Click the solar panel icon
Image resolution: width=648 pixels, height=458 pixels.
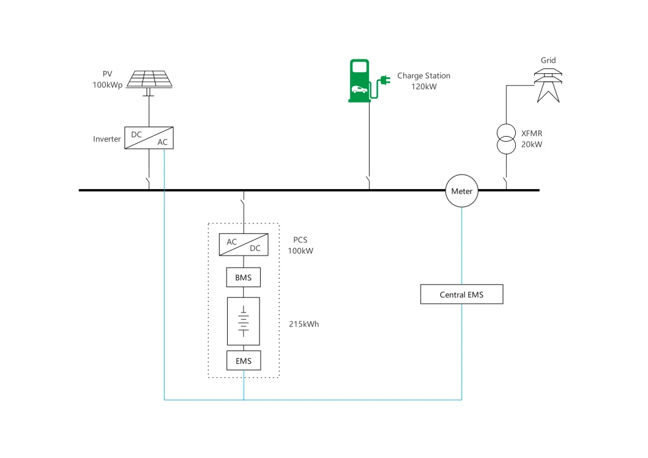(x=149, y=79)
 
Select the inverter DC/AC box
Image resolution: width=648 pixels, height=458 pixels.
(x=149, y=137)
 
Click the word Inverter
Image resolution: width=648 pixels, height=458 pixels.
(x=107, y=139)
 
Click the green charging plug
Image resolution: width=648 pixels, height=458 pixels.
(x=383, y=80)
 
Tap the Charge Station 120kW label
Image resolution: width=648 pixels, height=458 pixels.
(x=423, y=81)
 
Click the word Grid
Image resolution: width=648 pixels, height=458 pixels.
(x=548, y=61)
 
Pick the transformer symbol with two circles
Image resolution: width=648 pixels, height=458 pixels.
(x=505, y=139)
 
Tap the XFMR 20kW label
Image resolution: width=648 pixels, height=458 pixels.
(x=532, y=139)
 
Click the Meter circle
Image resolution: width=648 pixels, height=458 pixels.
(x=461, y=191)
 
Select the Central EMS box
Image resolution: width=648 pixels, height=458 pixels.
(x=462, y=295)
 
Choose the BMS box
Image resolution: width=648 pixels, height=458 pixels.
(x=244, y=277)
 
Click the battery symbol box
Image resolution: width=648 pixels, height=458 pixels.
(x=244, y=321)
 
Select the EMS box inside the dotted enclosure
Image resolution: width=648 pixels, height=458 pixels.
(x=244, y=361)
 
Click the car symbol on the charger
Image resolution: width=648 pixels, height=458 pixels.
(x=359, y=89)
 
